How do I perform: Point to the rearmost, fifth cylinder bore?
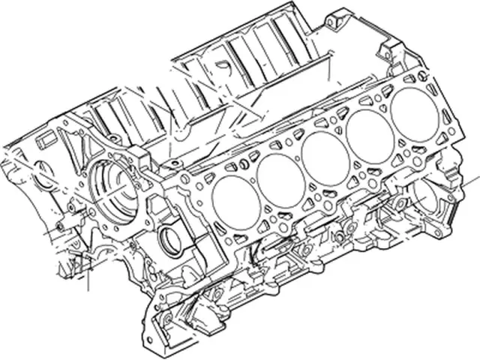pos(411,109)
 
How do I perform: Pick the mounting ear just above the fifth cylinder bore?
pos(389,50)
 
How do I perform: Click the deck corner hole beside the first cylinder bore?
pos(184,180)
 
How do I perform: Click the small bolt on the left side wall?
pos(57,225)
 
